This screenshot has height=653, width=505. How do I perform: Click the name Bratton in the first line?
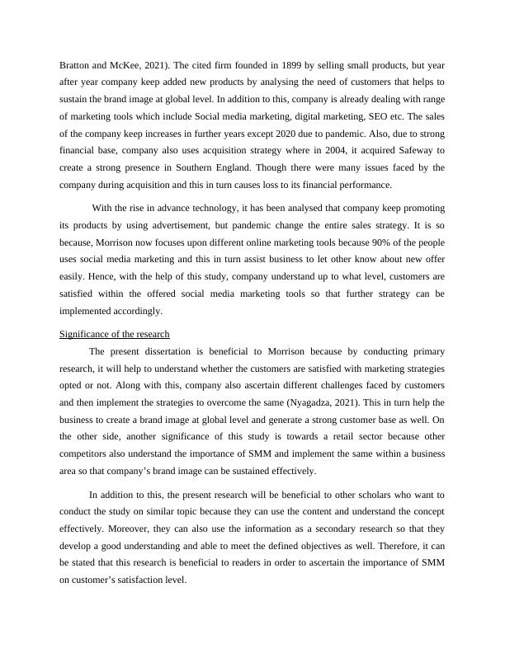point(78,62)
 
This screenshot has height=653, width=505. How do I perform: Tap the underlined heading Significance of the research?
point(115,333)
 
